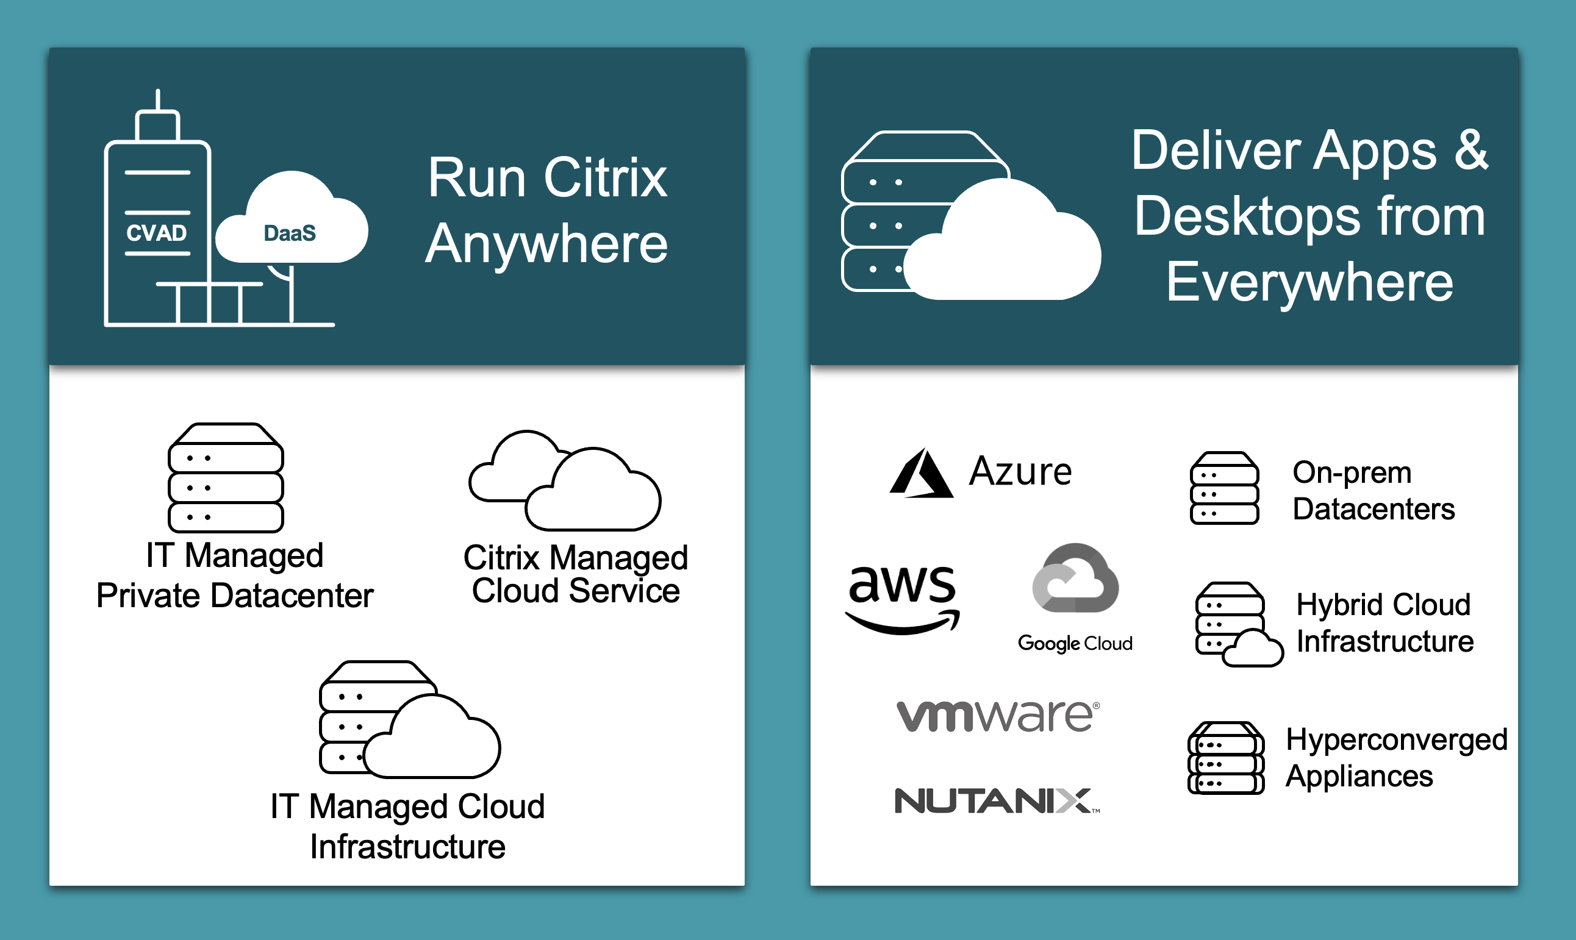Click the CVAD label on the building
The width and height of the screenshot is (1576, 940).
point(156,233)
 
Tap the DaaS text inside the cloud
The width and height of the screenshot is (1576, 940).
point(290,233)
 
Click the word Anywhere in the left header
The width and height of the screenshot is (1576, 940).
point(546,244)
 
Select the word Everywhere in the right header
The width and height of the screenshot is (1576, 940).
point(1309,282)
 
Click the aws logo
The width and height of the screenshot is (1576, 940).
point(903,597)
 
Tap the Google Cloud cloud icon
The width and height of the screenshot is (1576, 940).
point(1075,579)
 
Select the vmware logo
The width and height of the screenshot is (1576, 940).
point(997,716)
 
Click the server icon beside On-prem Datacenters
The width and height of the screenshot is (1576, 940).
point(1223,488)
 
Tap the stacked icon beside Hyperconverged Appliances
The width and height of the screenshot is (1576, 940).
point(1225,758)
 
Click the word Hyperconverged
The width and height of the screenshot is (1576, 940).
point(1396,740)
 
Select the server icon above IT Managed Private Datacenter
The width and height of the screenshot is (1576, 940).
point(226,479)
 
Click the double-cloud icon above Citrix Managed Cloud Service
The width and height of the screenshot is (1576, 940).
point(565,482)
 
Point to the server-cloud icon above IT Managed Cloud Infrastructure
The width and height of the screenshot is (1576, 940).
point(409,719)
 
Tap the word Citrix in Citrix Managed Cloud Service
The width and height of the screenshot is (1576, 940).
point(501,558)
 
